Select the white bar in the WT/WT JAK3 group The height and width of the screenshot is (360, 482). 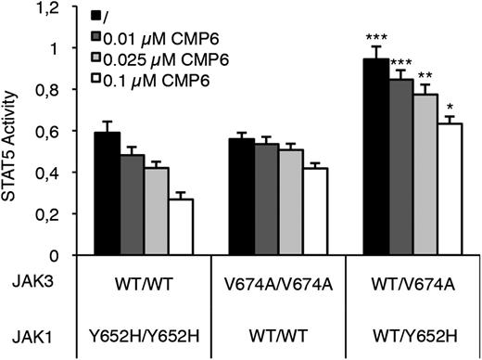pos(181,226)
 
